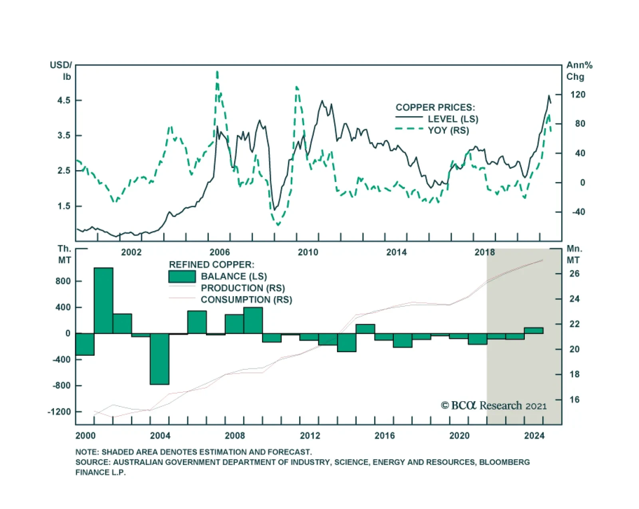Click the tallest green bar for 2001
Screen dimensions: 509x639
pos(103,300)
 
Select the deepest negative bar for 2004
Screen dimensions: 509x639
pos(160,358)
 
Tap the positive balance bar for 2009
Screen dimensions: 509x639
pos(253,320)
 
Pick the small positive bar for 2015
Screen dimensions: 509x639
pos(365,329)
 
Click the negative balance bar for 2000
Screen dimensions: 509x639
pos(85,344)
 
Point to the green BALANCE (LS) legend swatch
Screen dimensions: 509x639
pos(182,276)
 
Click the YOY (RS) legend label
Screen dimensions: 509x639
pos(448,131)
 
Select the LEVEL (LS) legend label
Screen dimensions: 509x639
pos(453,119)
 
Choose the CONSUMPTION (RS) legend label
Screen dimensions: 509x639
pos(246,300)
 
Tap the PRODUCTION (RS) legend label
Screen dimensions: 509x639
pos(243,288)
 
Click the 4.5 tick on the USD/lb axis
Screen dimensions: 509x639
pos(64,100)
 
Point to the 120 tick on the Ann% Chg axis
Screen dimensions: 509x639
pos(577,95)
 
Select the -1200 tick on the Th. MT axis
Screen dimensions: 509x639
pos(59,412)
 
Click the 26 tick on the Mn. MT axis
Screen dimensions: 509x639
pos(574,274)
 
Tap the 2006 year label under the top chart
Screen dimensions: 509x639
pos(220,252)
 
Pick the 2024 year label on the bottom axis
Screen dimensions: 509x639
pos(534,436)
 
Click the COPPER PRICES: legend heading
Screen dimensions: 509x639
pos(435,107)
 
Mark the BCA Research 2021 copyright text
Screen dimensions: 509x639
pos(494,406)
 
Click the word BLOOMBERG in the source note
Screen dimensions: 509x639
pos(504,462)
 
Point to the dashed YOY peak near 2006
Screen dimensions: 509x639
pos(217,72)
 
